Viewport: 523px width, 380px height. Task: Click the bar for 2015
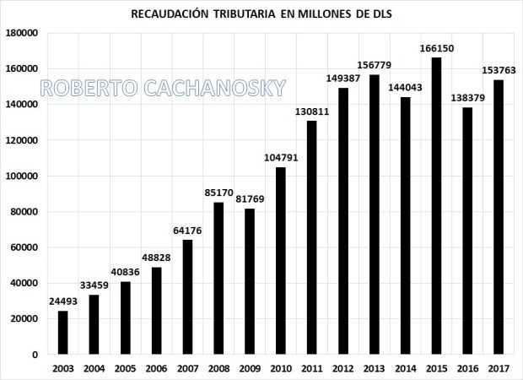pyautogui.click(x=436, y=205)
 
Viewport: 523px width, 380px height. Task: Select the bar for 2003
pyautogui.click(x=63, y=332)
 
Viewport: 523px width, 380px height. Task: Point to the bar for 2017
pyautogui.click(x=499, y=217)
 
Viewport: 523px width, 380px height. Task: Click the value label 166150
pyautogui.click(x=436, y=48)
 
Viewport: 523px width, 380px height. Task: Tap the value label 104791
pyautogui.click(x=281, y=158)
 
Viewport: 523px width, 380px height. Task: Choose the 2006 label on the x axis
pyautogui.click(x=157, y=368)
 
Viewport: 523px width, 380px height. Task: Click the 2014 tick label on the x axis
pyautogui.click(x=405, y=368)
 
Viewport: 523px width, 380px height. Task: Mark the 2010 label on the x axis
pyautogui.click(x=281, y=368)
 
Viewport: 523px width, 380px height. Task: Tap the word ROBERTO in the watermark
pyautogui.click(x=84, y=88)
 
